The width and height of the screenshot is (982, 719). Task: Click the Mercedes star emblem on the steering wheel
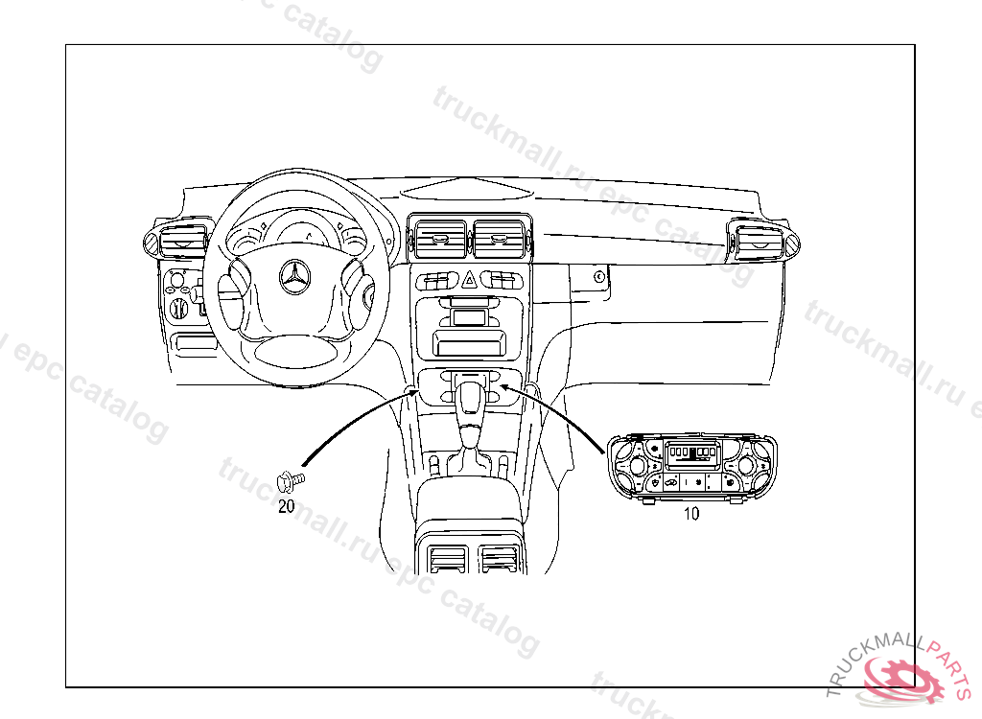[x=295, y=279]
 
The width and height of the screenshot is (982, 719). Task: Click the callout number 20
[x=286, y=507]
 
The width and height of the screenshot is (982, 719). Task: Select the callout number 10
[x=690, y=514]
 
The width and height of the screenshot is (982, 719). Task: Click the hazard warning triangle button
[x=471, y=280]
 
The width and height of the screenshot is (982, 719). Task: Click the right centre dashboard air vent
[x=499, y=238]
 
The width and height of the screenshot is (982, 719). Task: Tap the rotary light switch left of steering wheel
[x=178, y=308]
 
